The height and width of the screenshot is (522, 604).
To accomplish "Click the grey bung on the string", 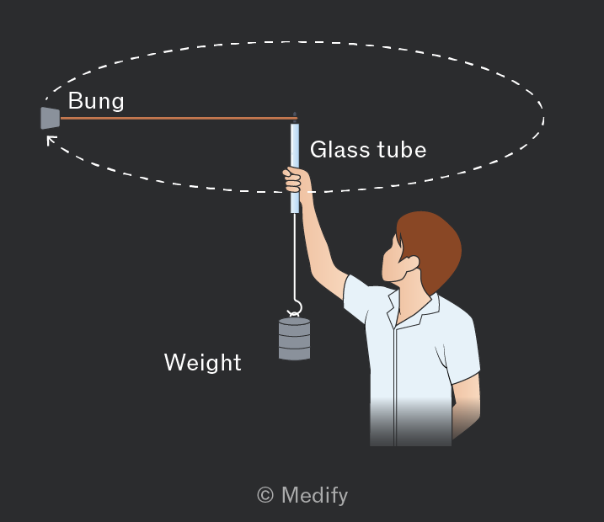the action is coord(51,118).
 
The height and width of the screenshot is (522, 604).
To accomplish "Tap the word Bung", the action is coord(96,101).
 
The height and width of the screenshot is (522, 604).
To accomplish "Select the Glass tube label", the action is coord(368,149).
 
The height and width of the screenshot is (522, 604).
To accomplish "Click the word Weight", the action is coord(203,362).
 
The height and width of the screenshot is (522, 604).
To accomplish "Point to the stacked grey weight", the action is coord(294,338).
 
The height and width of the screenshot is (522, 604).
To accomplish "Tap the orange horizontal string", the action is coord(179,118).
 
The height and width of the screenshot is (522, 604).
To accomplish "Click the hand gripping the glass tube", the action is coord(295,180).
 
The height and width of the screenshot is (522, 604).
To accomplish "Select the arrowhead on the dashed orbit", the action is coord(51,140).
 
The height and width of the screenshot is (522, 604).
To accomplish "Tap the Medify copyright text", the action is coord(302,495).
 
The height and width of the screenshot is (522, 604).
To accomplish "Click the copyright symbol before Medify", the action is coord(265,495).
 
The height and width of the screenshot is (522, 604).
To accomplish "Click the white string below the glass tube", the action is coord(295,255).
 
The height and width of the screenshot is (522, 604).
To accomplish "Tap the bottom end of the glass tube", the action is coord(295,212).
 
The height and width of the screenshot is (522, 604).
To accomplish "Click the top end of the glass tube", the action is coord(295,124).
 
